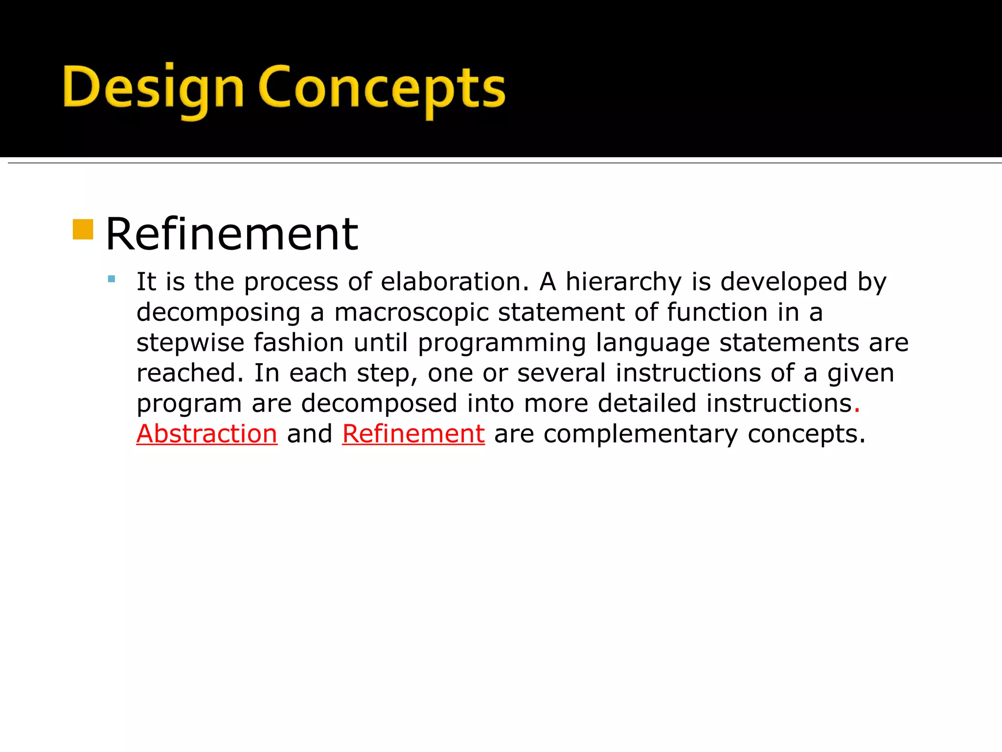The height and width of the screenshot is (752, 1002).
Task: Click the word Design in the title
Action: [x=153, y=88]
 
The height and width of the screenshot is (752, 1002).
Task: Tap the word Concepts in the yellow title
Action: [x=382, y=88]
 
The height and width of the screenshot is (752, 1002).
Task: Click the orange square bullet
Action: [x=83, y=229]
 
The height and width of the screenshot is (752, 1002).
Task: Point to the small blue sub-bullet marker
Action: [x=112, y=280]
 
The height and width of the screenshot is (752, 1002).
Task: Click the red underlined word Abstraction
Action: [x=207, y=434]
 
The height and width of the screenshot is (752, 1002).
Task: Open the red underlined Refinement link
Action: [x=413, y=434]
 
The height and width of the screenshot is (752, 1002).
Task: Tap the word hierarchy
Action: [x=623, y=282]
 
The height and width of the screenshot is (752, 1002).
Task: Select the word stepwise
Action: [x=190, y=343]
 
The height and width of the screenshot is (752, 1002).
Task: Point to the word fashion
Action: [x=298, y=342]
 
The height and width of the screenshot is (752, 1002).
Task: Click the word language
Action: [x=653, y=343]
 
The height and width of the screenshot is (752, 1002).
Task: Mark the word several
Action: [x=561, y=373]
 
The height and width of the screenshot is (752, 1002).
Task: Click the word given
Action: [x=861, y=374]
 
